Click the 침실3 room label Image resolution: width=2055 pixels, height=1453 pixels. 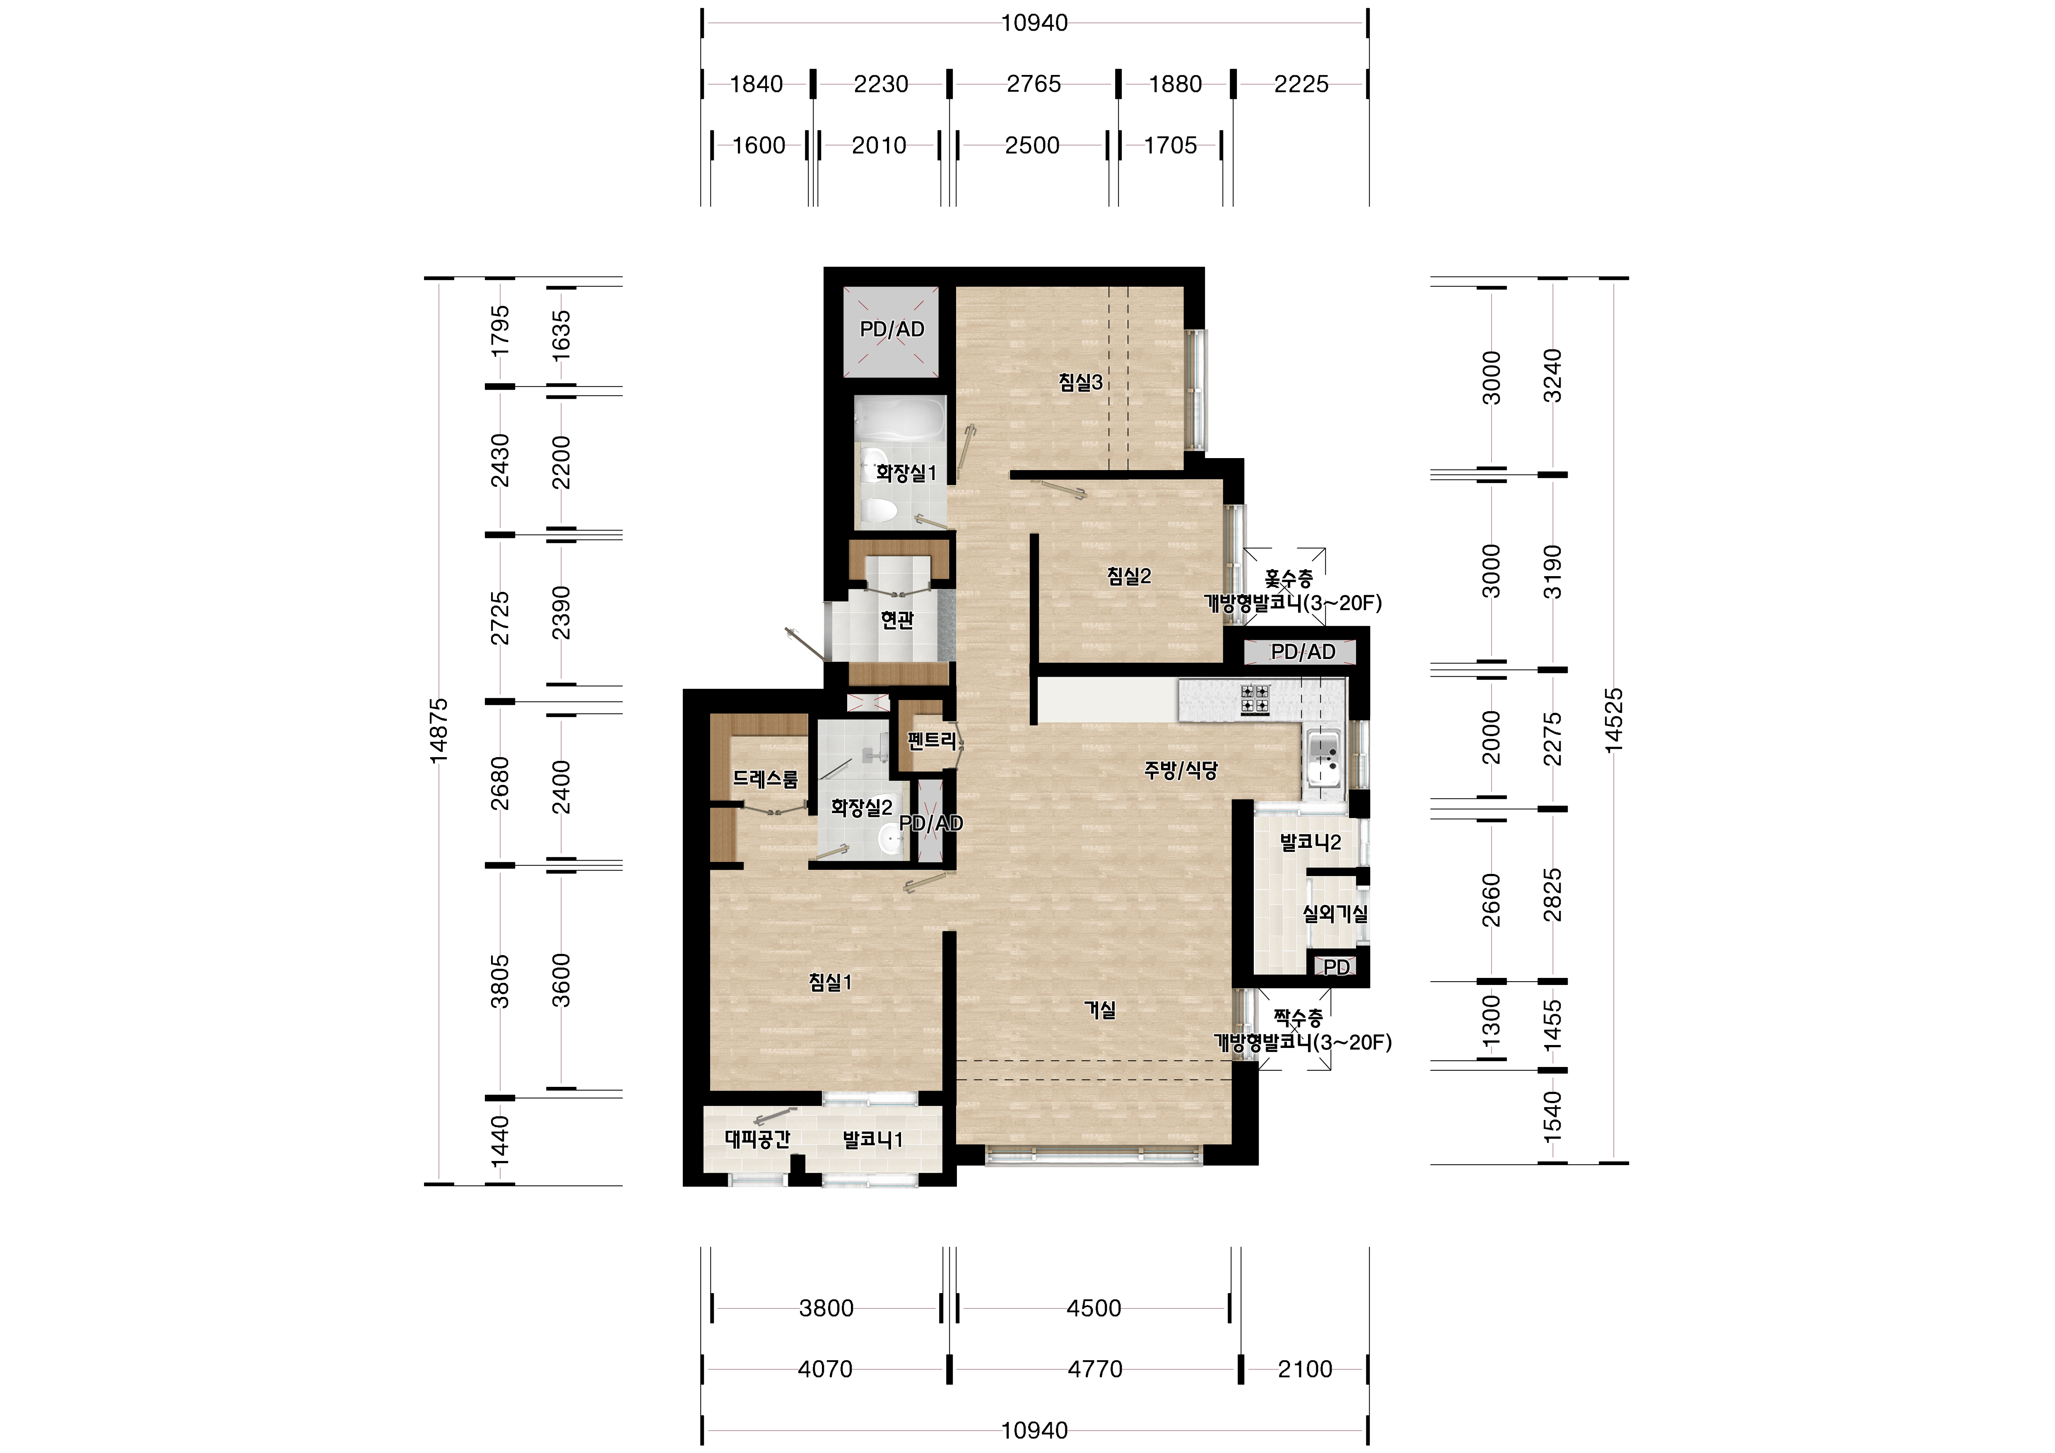point(1080,382)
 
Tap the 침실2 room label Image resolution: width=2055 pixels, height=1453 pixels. point(1129,577)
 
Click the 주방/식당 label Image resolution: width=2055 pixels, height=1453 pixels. point(1180,770)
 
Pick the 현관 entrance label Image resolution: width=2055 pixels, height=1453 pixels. point(897,620)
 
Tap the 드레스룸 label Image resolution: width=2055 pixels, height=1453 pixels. point(765,779)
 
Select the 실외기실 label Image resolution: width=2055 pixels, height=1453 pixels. point(1335,914)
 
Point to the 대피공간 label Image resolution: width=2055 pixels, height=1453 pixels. point(757,1139)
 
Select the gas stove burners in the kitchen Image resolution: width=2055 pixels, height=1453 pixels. point(1255,698)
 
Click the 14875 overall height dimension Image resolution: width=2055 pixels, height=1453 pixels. point(438,731)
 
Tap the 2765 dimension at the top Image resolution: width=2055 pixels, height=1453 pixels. point(1034,84)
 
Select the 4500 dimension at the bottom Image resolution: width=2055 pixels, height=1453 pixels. point(1094,1308)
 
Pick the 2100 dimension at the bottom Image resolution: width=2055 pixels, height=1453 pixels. point(1305,1369)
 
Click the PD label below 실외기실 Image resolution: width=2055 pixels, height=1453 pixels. point(1336,968)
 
